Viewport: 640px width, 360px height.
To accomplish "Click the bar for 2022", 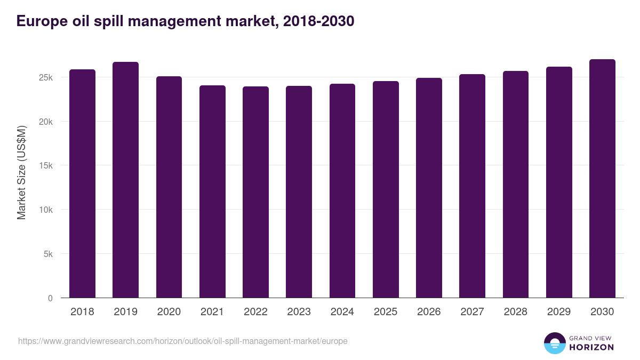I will coord(255,192).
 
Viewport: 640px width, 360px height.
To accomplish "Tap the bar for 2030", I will coord(602,179).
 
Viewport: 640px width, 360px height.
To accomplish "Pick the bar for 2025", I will coord(386,189).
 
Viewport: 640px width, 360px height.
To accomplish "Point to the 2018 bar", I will coord(82,183).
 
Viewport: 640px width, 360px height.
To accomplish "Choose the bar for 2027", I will coord(472,186).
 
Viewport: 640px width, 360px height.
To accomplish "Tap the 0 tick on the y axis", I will coord(50,298).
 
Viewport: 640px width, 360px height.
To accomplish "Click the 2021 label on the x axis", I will coord(212,312).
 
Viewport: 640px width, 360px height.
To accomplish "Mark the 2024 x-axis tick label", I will coord(342,312).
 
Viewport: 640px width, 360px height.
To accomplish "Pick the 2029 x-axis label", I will coord(558,312).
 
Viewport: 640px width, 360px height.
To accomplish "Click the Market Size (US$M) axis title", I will coord(21,172).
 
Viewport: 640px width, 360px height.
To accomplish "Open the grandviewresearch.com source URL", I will coord(182,341).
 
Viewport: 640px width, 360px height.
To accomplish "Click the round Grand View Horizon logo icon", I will coord(554,343).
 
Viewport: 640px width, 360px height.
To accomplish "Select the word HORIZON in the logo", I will coord(591,347).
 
